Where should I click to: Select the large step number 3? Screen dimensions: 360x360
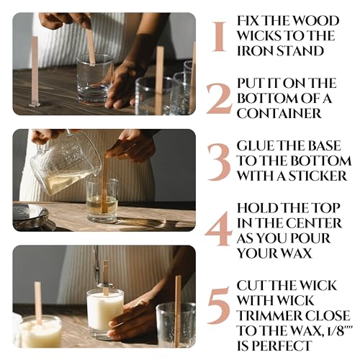(x=219, y=161)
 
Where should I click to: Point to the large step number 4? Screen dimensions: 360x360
(x=219, y=229)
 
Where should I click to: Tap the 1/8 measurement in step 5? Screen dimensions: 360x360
(x=325, y=330)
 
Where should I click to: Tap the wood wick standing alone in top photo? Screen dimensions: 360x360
(x=34, y=71)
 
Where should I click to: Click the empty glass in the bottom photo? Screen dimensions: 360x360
(x=176, y=323)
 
